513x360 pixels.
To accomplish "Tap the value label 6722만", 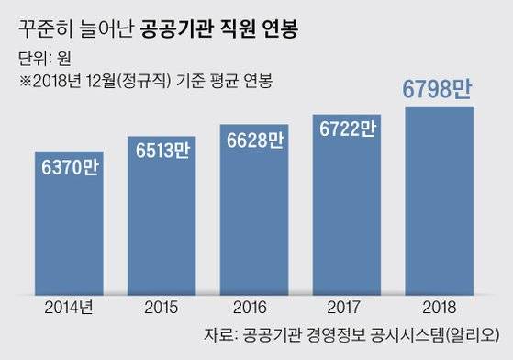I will coord(347,131).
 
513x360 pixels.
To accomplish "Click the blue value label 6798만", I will coord(439,90).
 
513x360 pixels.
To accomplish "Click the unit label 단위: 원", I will coord(44,62).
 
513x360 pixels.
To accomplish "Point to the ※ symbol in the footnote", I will coord(26,81).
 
